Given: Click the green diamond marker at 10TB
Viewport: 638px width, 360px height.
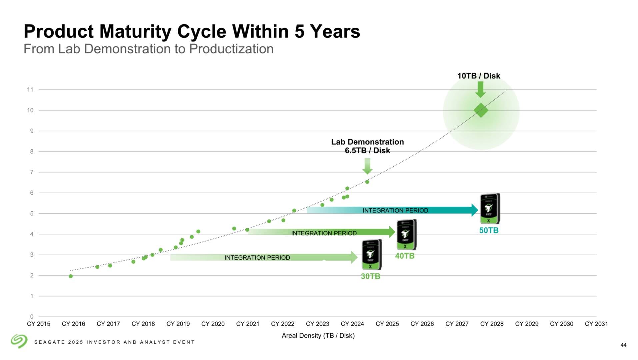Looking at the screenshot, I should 481,110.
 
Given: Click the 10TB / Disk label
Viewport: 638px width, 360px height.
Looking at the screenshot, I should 478,76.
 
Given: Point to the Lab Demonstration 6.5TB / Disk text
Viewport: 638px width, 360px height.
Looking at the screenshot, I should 367,146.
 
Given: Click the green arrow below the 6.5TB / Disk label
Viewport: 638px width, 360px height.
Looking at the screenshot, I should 367,166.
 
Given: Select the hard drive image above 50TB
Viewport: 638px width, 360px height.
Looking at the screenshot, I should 490,209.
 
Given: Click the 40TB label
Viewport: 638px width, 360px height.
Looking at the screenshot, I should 405,256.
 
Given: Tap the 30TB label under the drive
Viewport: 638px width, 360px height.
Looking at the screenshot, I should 370,276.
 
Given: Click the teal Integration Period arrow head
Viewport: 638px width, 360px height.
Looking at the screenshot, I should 475,210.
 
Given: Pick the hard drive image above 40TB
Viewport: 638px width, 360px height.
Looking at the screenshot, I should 406,235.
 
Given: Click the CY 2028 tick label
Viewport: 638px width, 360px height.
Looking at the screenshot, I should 492,324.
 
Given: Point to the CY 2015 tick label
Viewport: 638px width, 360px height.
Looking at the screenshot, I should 39,324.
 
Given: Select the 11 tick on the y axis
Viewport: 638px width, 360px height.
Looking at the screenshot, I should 30,90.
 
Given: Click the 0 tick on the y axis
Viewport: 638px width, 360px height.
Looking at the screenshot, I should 32,317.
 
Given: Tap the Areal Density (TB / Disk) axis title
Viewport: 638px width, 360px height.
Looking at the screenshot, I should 318,336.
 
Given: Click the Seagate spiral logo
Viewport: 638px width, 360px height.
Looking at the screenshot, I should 19,341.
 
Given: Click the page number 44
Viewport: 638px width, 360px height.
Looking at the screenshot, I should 623,345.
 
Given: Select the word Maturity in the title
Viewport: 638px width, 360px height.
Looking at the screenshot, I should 135,32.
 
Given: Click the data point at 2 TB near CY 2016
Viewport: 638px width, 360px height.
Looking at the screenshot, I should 71,276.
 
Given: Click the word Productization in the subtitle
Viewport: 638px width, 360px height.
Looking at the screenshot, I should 231,49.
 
